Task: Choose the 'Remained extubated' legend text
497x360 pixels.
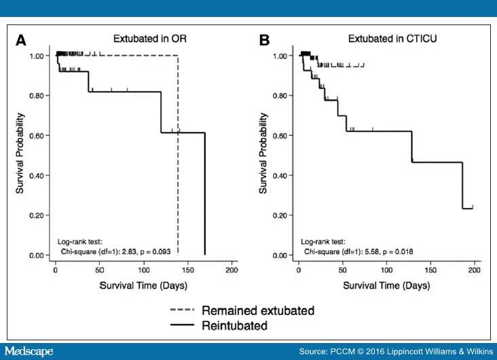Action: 257,310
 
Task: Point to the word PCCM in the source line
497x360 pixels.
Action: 347,350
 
